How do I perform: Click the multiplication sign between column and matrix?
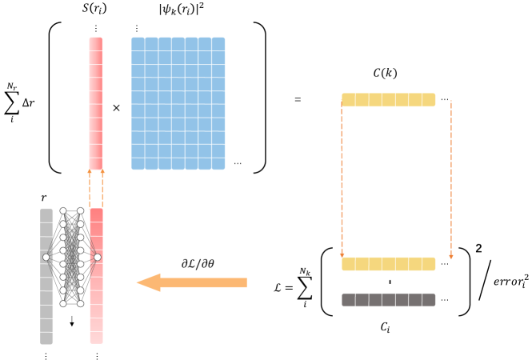(x=116, y=106)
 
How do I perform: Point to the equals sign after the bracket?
(x=297, y=100)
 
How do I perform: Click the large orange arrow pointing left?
(x=191, y=282)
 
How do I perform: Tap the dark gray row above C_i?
(x=388, y=301)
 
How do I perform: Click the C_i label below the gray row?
(x=388, y=326)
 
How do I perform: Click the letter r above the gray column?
(x=45, y=198)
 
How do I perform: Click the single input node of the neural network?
(x=46, y=257)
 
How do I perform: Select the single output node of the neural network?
(x=97, y=257)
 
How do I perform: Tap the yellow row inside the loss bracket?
(x=388, y=263)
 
